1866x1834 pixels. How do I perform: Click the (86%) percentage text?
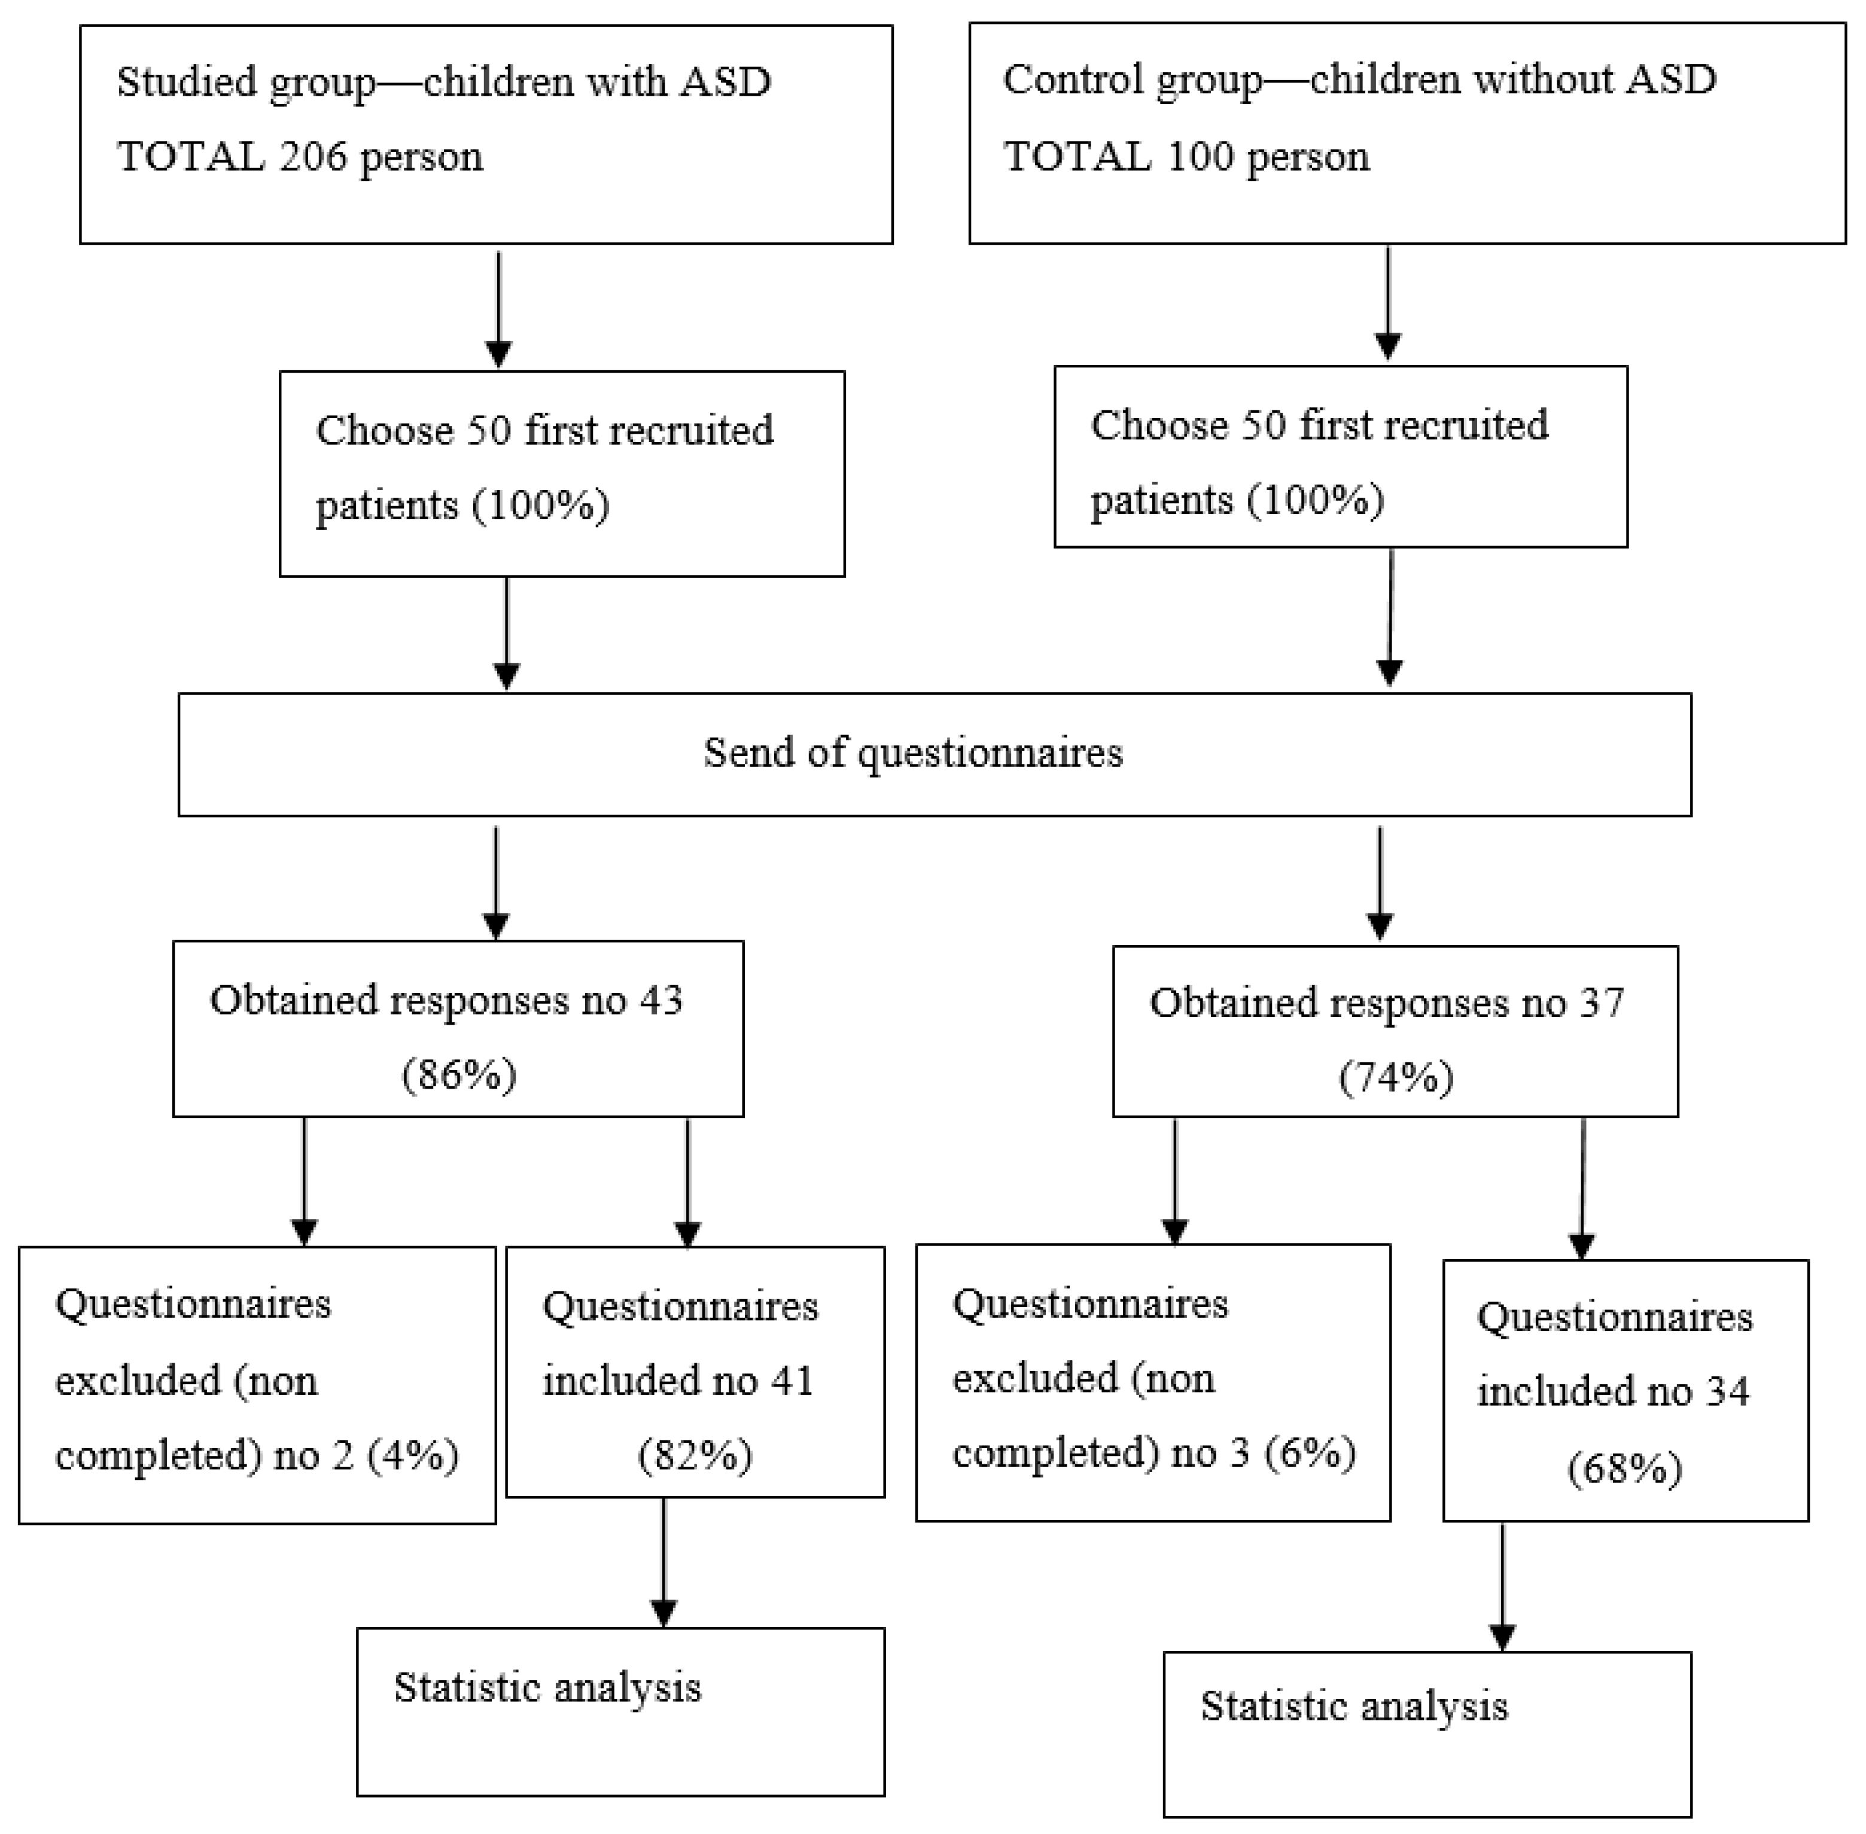pos(458,1074)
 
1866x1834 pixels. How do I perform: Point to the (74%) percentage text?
pos(1396,1076)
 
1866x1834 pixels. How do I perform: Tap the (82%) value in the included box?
pos(695,1455)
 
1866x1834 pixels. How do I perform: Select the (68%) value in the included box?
pos(1624,1468)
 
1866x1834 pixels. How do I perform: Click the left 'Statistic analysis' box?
pos(620,1711)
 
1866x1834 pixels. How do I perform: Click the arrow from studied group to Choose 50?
pos(498,308)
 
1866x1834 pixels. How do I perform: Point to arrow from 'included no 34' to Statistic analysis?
pos(1502,1586)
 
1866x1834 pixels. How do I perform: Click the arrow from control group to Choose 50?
pos(1387,303)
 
